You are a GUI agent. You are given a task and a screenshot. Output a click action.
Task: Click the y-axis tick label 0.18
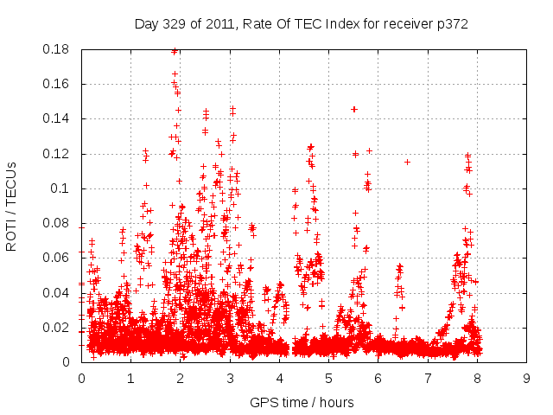[59, 49]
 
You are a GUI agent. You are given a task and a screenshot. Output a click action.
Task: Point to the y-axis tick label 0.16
[59, 84]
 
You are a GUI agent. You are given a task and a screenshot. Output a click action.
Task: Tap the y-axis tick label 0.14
[59, 118]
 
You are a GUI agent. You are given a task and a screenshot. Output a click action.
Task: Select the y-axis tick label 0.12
[59, 154]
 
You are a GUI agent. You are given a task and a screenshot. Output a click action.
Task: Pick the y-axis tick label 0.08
[59, 223]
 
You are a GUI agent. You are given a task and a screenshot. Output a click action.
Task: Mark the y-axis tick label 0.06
[59, 258]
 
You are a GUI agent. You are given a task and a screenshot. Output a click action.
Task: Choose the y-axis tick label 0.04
[59, 292]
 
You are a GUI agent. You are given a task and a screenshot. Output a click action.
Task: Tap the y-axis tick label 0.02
[59, 327]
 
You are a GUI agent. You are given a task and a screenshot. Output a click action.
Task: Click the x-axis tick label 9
[526, 378]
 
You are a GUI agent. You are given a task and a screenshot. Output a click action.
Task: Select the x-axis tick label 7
[428, 378]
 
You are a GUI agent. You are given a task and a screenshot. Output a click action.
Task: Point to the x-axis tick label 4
[279, 378]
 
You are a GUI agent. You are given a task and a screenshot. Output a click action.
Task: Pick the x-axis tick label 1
[130, 378]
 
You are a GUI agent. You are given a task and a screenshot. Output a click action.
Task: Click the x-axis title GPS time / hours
[302, 402]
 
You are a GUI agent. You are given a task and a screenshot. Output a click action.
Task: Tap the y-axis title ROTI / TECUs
[12, 206]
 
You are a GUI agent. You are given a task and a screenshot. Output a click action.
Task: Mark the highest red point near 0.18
[175, 51]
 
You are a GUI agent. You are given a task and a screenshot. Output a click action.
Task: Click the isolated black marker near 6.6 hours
[407, 162]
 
